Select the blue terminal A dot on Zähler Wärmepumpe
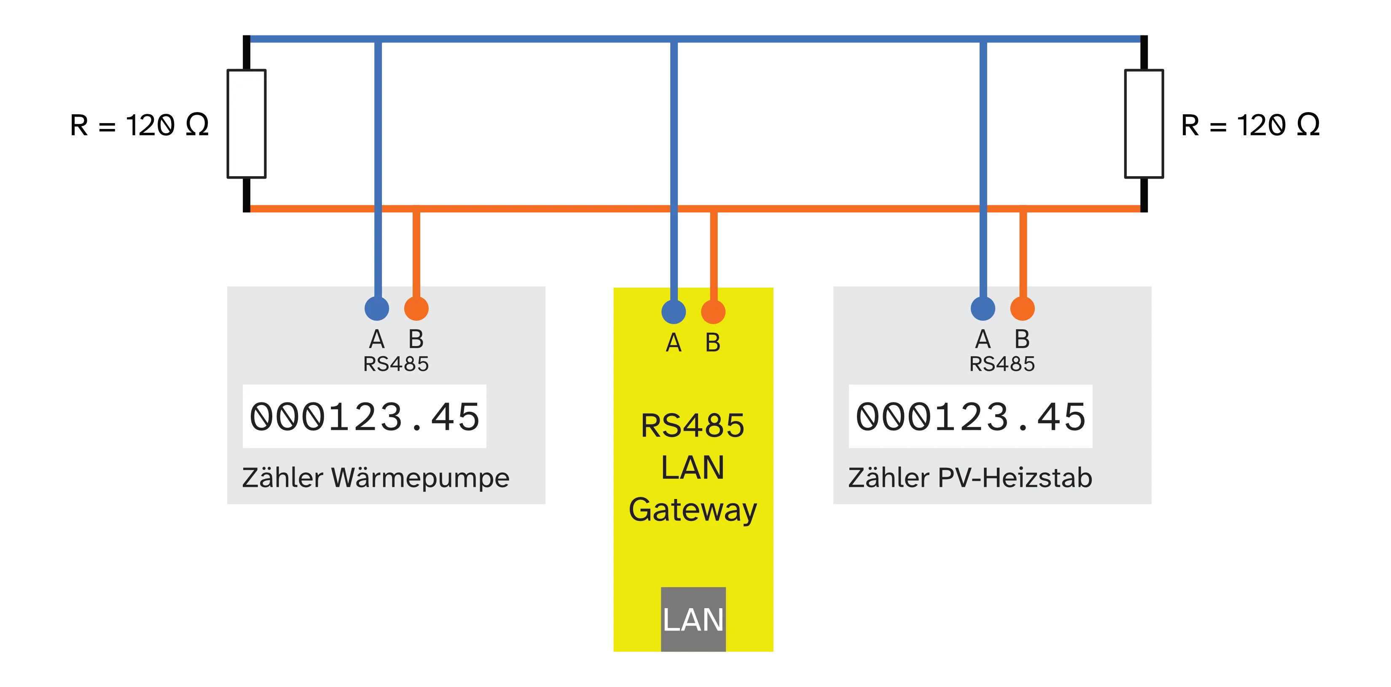(x=377, y=309)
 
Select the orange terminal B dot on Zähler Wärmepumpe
(x=416, y=309)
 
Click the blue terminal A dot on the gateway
(x=673, y=311)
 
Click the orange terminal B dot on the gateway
(x=713, y=311)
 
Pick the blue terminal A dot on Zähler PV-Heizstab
(x=983, y=309)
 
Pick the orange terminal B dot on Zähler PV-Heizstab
(x=1022, y=309)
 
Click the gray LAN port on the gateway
(x=693, y=620)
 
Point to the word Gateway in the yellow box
(x=693, y=510)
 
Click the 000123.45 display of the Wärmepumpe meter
(x=365, y=416)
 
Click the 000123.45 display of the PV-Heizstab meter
(x=970, y=416)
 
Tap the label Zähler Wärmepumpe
(x=375, y=478)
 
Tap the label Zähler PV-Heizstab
(x=970, y=478)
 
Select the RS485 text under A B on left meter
(x=396, y=364)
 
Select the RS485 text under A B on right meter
(x=1002, y=364)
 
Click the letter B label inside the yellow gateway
(x=713, y=342)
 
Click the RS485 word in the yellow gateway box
(x=693, y=426)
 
